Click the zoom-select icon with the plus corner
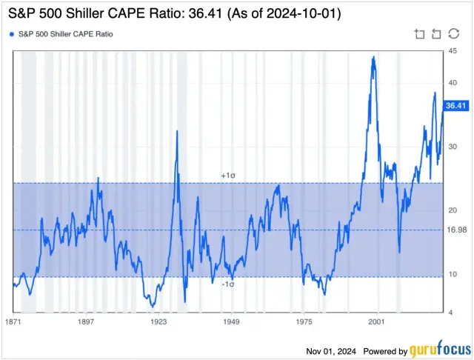tap(419, 34)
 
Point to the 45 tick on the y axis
tap(452, 50)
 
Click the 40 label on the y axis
tap(452, 82)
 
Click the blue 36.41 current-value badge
tap(455, 106)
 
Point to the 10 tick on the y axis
tap(452, 274)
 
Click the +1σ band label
tap(228, 176)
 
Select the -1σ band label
tap(229, 284)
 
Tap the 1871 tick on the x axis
tap(13, 322)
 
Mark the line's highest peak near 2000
tap(373, 57)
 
